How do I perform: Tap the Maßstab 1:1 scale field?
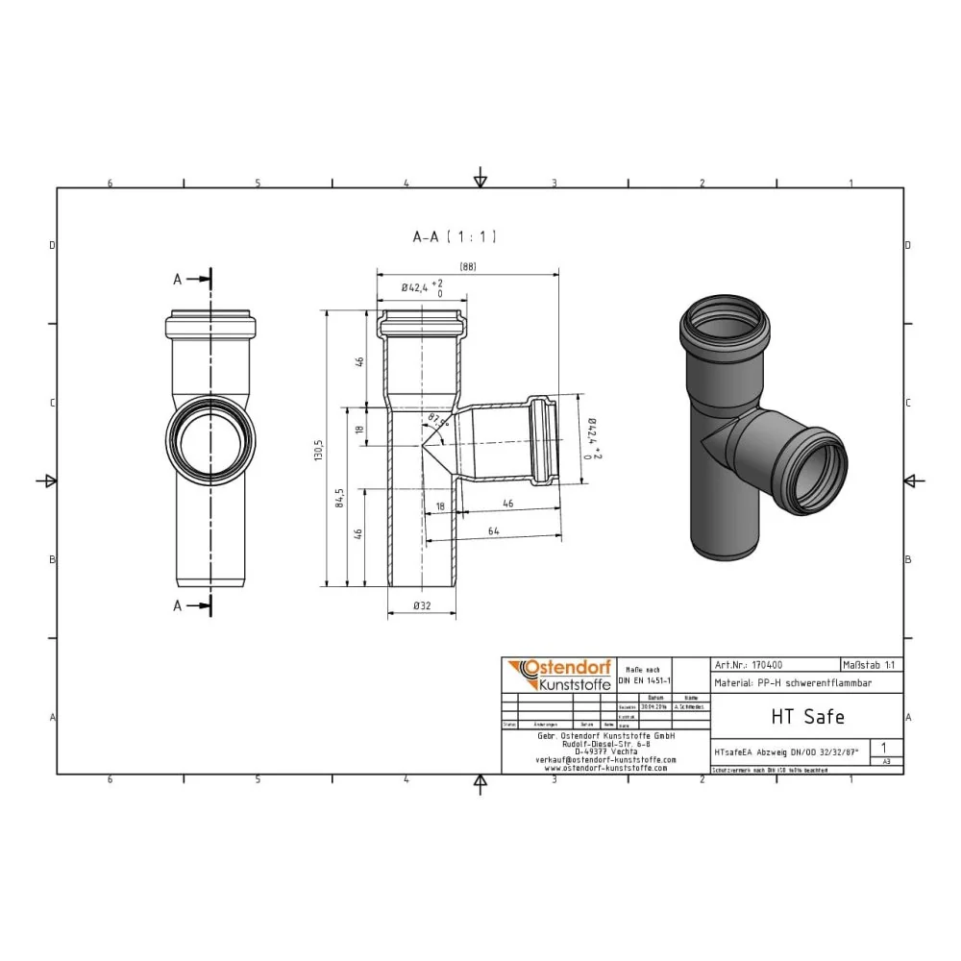coord(871,664)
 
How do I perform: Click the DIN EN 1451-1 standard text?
coord(642,679)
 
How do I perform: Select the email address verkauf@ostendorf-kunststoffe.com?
coord(605,759)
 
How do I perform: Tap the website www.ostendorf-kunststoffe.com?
coord(605,768)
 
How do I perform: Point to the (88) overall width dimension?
coord(467,267)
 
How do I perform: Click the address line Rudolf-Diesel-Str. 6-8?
coord(605,743)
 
